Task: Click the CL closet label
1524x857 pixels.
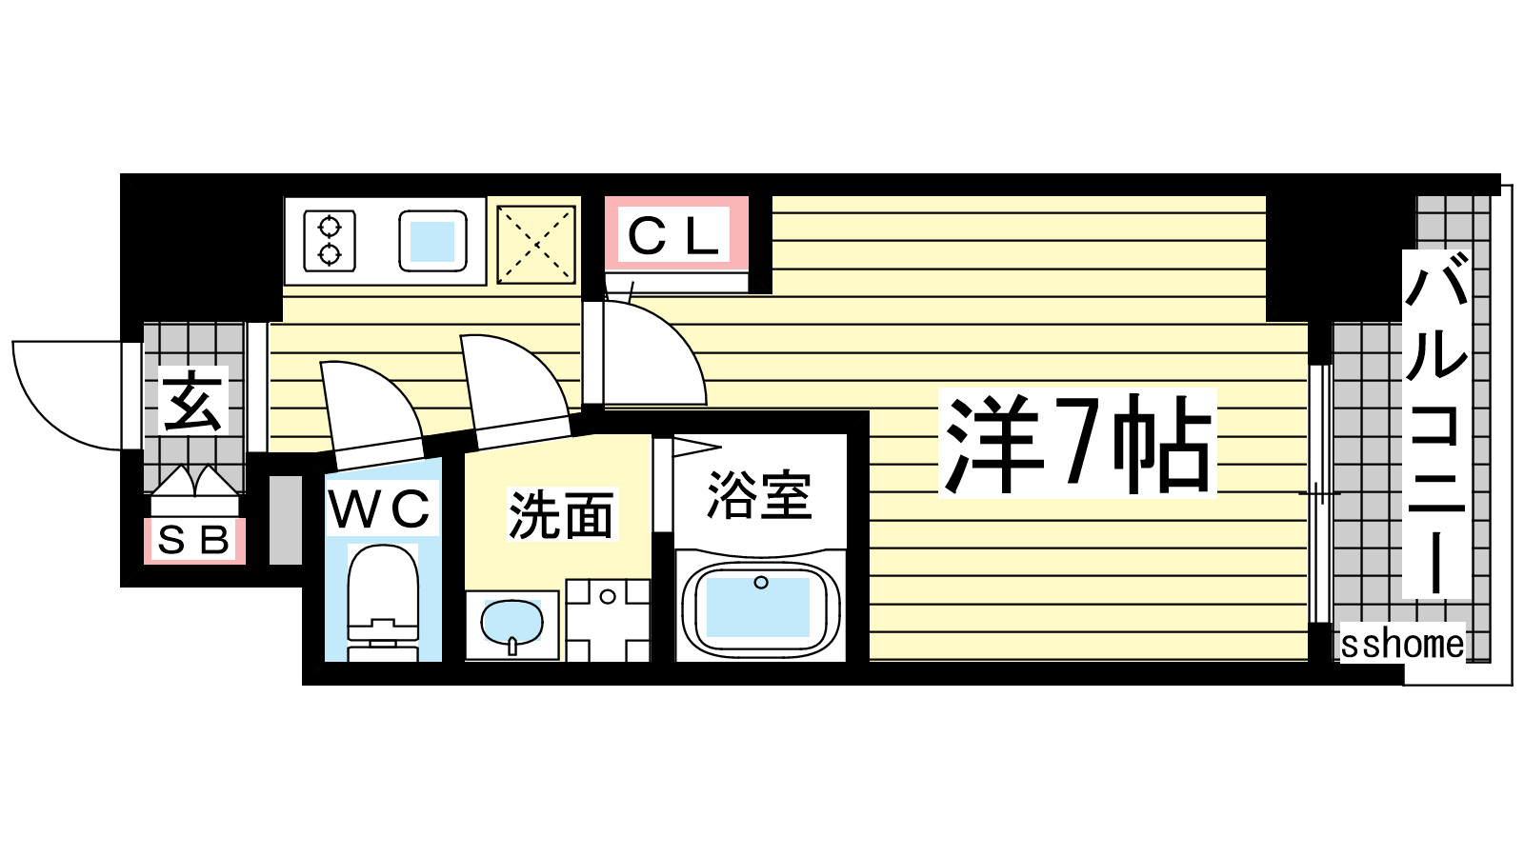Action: tap(672, 236)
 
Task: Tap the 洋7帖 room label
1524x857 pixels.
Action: tap(1077, 443)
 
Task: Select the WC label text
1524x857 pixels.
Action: tap(380, 508)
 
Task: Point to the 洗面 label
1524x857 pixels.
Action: tap(561, 514)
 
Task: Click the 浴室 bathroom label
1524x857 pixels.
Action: tap(759, 494)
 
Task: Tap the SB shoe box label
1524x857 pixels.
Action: tap(194, 541)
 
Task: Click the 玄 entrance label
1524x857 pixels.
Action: tap(192, 401)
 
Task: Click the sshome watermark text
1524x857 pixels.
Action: tap(1402, 644)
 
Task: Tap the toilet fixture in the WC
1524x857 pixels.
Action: tap(382, 602)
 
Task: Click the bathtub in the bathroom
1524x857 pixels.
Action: tap(760, 608)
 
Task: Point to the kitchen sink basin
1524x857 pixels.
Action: tap(432, 241)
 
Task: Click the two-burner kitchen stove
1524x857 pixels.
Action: tap(330, 240)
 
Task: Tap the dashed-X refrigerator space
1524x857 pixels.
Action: tap(536, 244)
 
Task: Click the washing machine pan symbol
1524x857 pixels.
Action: tap(608, 620)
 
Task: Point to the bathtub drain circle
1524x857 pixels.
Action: tap(761, 582)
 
